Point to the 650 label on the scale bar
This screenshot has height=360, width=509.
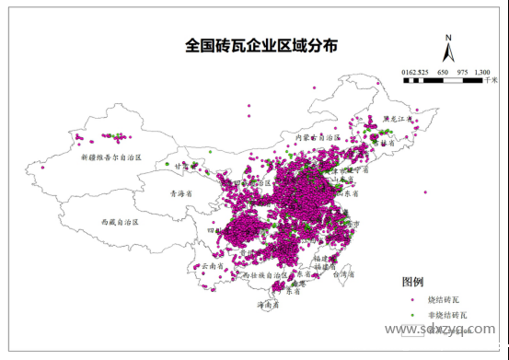coord(443,71)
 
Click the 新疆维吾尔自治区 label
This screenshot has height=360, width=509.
coord(110,157)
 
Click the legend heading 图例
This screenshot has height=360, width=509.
coord(412,281)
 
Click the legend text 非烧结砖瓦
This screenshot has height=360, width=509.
coord(441,315)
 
